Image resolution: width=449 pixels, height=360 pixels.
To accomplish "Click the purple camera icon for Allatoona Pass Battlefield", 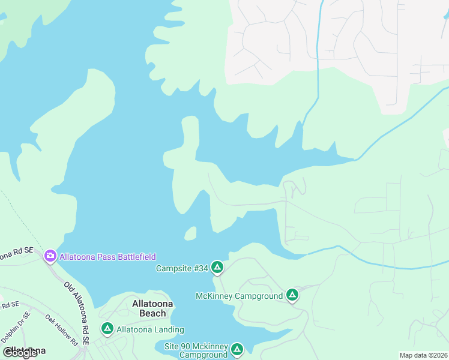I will pos(50,256).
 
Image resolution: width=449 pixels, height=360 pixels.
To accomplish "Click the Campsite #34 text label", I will pos(181,268).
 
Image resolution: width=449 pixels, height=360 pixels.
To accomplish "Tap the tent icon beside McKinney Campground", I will pos(292,295).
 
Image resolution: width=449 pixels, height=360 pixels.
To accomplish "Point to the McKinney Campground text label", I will pos(239,296).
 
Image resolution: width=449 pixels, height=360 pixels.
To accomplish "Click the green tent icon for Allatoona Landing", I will pos(107,329).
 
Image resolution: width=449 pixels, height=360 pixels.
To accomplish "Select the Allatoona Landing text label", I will pos(150,329).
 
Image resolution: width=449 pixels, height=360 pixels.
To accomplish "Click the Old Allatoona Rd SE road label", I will pos(77,312).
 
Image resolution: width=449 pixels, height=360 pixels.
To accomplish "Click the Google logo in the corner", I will pos(20,353).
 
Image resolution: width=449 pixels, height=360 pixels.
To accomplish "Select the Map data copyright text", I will pos(423,355).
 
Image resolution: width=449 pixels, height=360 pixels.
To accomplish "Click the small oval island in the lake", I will pos(190,233).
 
